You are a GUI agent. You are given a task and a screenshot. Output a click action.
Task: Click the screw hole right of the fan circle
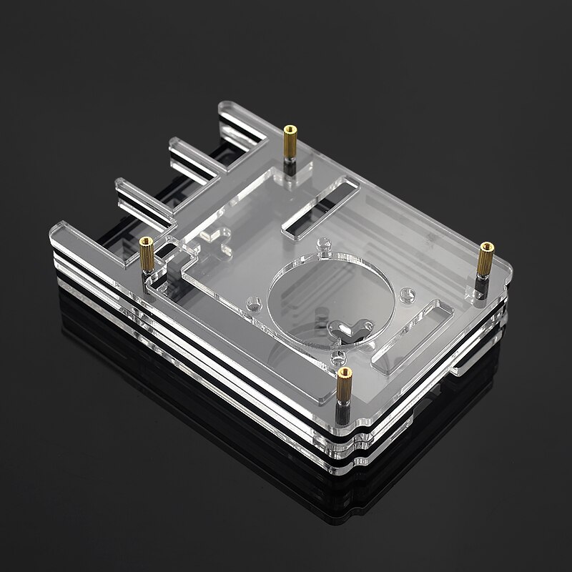click(x=408, y=293)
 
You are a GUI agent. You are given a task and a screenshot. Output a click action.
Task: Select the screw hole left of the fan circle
click(x=251, y=304)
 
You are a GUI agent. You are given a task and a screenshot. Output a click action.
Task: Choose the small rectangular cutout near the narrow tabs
click(x=209, y=235)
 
